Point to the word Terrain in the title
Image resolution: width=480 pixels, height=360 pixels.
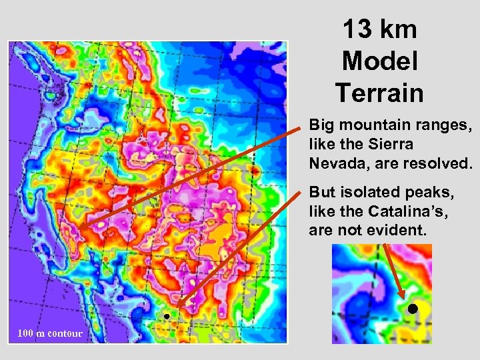(379, 92)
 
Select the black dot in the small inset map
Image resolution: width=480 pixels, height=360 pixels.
(413, 309)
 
